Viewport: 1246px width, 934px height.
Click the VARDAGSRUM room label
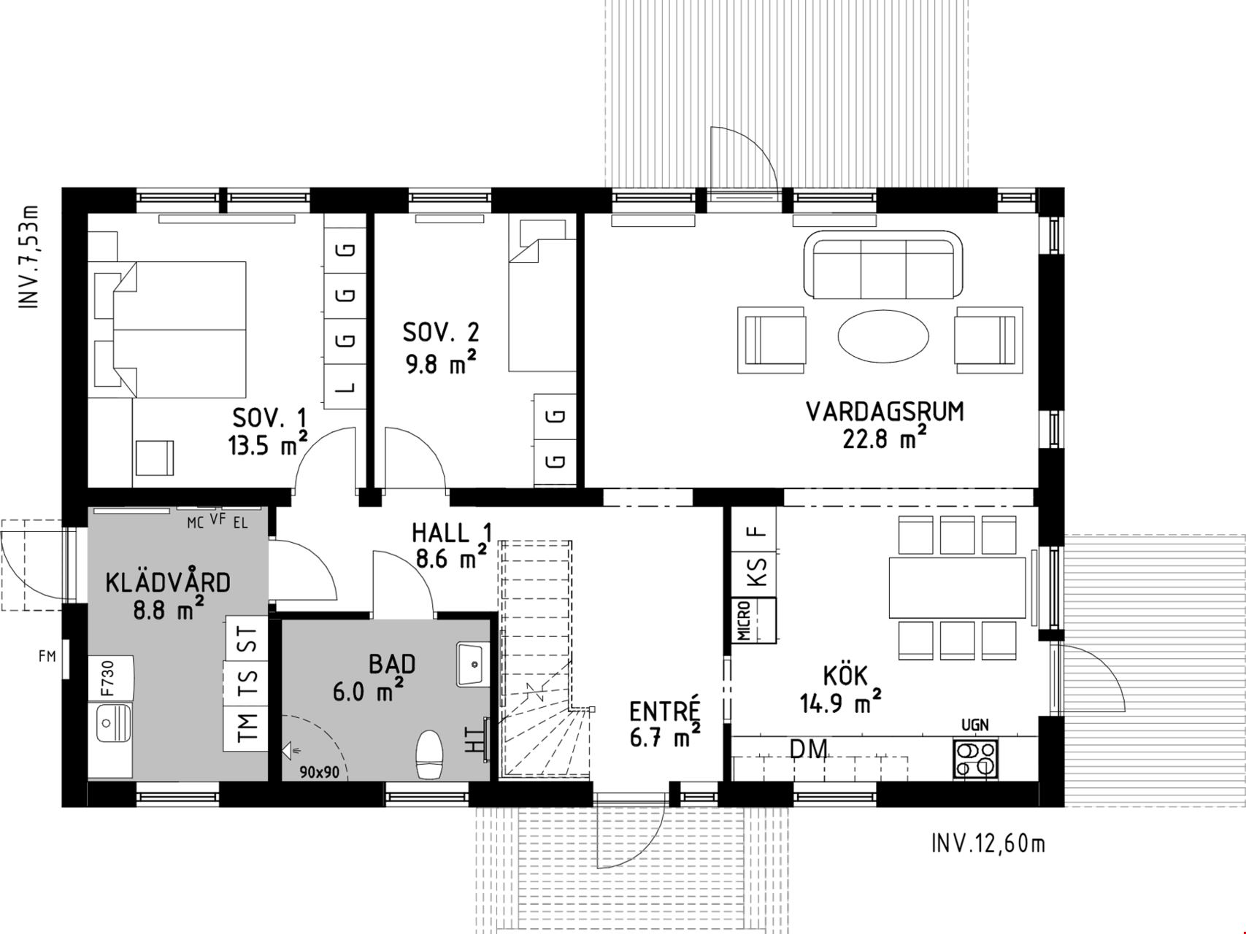point(885,412)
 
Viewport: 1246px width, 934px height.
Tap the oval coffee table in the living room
point(883,336)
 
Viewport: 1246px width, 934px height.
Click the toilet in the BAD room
point(429,754)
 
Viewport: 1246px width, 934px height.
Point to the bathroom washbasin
point(473,664)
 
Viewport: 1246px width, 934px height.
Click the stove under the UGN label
point(976,759)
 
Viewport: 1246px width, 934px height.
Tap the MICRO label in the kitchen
point(744,620)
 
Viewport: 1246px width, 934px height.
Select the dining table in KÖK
point(957,587)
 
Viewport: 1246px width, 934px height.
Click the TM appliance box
point(247,727)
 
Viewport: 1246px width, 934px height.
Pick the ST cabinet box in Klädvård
point(248,638)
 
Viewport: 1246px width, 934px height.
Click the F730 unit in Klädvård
point(111,679)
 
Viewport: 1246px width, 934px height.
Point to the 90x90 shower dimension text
point(320,771)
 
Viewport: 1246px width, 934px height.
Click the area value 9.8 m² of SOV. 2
point(441,363)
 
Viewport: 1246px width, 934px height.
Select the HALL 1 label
point(452,533)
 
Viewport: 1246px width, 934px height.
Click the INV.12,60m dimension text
point(988,844)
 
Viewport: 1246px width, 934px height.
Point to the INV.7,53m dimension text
point(29,257)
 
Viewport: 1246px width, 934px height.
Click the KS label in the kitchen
point(758,571)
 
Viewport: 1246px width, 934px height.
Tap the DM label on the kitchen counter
point(809,749)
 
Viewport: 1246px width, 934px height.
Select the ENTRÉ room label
point(664,711)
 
